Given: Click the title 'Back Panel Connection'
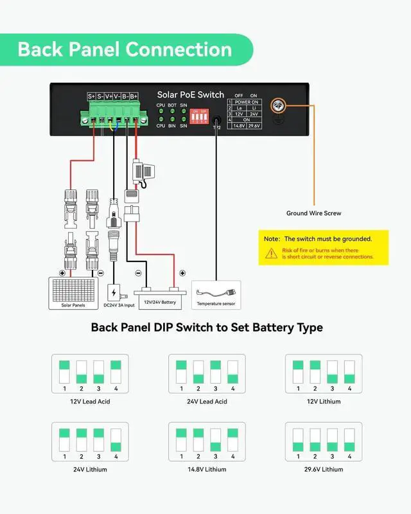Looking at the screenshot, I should point(125,49).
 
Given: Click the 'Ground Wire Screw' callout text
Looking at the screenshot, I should point(314,213).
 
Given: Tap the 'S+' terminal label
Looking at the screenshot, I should point(92,96).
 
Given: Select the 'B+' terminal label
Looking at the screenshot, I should point(134,96).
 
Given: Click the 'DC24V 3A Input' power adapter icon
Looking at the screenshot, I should point(114,292).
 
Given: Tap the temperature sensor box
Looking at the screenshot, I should point(216,292).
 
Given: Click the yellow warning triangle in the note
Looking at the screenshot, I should point(270,253).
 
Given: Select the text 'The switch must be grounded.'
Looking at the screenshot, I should point(328,239).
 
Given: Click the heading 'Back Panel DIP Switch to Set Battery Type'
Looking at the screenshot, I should point(206,328).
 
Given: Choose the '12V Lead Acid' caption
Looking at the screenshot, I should point(89,402).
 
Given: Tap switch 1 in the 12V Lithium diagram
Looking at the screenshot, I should point(298,373).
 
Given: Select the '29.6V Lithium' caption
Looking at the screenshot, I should point(323,470).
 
